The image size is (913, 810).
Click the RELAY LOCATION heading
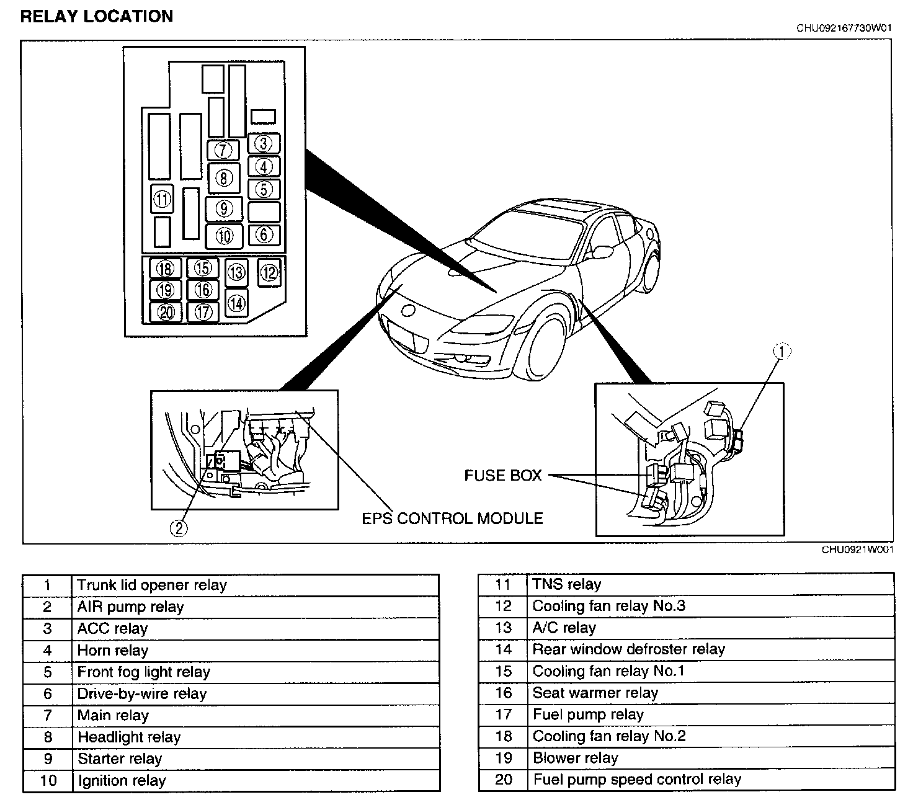tap(96, 17)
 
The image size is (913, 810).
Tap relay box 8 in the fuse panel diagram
tap(224, 179)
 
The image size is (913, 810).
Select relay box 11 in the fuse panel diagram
tap(162, 200)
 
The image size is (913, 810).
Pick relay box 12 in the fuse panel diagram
tap(269, 272)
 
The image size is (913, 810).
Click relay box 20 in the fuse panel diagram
tap(166, 312)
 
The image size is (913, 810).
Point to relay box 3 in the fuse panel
tap(264, 144)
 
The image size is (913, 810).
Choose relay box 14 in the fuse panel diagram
tap(236, 303)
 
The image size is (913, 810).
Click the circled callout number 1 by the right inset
tap(782, 352)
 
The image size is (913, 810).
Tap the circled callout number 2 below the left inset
tap(178, 528)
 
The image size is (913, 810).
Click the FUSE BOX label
tap(503, 476)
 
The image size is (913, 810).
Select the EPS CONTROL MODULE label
tap(452, 518)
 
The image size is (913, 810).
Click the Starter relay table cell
tap(120, 759)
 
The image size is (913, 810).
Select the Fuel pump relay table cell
tap(588, 714)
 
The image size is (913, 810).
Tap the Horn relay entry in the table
tap(113, 651)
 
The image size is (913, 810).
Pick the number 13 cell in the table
tap(504, 628)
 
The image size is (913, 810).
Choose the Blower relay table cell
tap(576, 758)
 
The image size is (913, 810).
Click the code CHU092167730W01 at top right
tap(844, 28)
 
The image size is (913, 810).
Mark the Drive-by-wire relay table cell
tap(142, 694)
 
